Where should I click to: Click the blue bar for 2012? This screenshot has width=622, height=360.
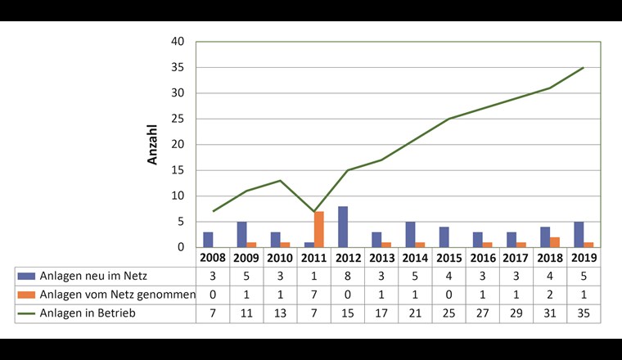click(x=344, y=227)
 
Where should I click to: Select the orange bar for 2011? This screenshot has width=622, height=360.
click(x=319, y=229)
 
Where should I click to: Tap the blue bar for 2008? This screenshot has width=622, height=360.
click(x=209, y=240)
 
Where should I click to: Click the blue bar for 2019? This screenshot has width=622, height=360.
click(x=579, y=235)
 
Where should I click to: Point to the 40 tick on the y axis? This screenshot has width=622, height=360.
click(x=178, y=42)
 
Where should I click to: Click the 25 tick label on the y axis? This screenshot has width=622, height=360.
click(x=178, y=119)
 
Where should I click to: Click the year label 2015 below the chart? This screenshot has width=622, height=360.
click(x=449, y=257)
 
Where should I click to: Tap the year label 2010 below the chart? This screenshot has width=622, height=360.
click(x=281, y=257)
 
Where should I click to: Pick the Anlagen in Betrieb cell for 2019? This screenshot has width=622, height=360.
click(x=584, y=313)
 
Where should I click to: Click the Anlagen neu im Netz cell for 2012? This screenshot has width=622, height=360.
click(x=348, y=276)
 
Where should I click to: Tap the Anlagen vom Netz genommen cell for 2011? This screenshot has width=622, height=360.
click(x=314, y=295)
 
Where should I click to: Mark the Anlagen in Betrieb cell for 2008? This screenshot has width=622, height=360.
click(x=213, y=313)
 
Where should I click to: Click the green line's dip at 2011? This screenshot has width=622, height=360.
click(x=314, y=211)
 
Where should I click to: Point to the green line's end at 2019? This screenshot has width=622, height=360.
click(x=584, y=68)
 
